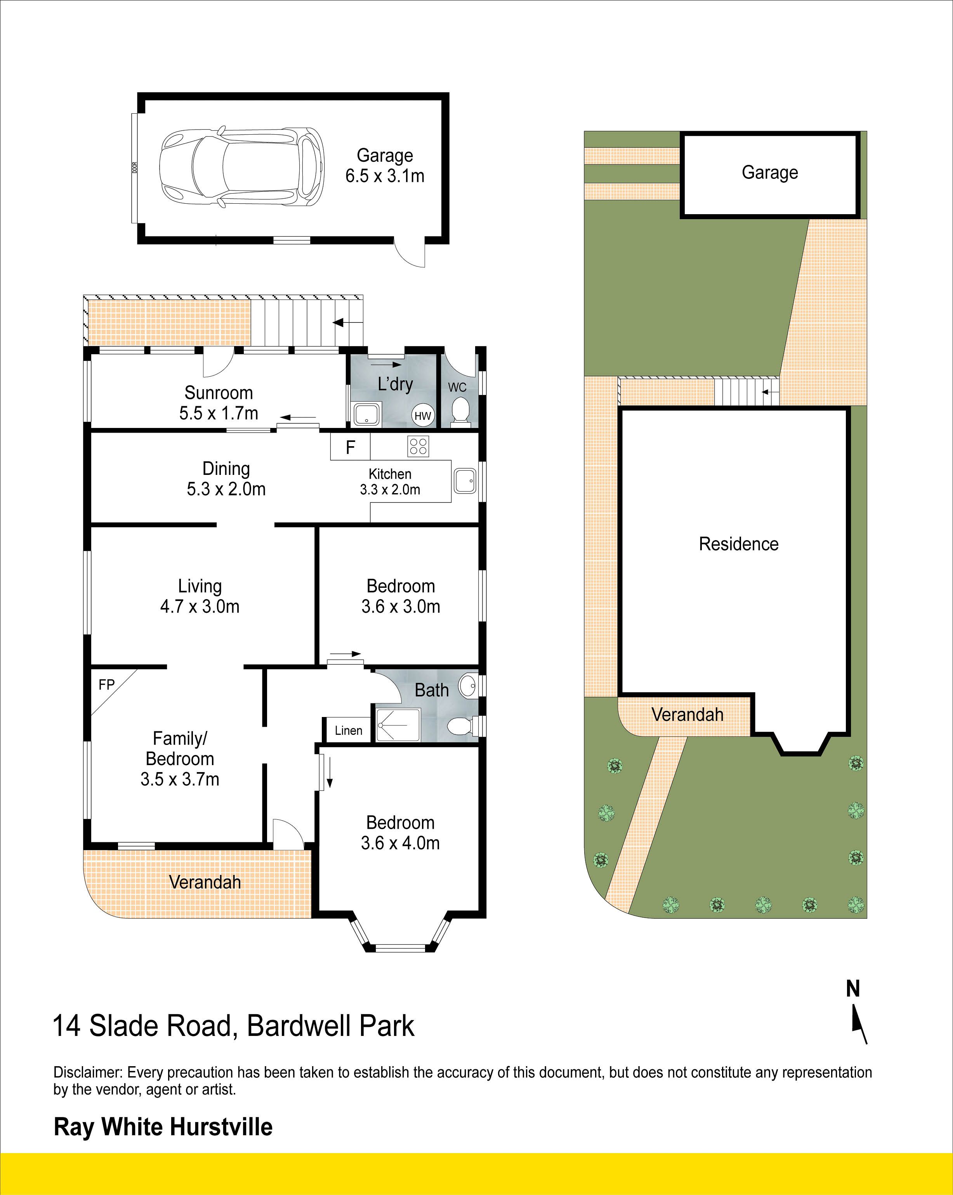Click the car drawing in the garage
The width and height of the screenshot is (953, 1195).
point(242,167)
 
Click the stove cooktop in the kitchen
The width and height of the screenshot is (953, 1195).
point(418,446)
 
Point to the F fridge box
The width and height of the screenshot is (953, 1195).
point(351,446)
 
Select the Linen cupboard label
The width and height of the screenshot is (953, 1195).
point(348,731)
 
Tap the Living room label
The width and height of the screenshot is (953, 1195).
point(200,586)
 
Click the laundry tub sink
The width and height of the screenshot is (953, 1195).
point(366,415)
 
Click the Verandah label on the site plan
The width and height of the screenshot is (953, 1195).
point(687,714)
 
